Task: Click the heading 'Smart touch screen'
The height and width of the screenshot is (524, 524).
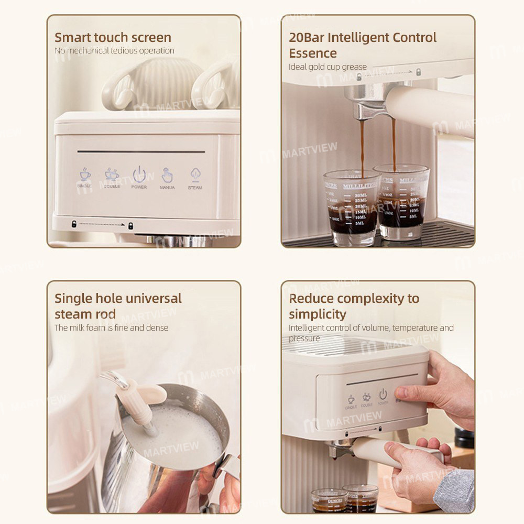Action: click(113, 38)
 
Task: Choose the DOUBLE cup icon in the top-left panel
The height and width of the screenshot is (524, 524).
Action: click(112, 175)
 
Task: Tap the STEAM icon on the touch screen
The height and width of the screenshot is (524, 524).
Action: click(195, 175)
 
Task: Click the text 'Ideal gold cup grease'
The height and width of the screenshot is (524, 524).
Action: click(327, 67)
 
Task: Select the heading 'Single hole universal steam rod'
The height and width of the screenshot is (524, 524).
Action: click(118, 306)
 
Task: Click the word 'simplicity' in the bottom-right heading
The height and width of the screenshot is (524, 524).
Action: click(318, 314)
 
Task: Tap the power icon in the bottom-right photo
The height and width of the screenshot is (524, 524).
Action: click(383, 394)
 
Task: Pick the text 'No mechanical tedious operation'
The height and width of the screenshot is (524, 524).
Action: click(114, 51)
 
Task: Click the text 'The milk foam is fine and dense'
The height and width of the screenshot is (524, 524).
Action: click(111, 327)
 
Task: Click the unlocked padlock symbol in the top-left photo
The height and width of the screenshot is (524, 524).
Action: click(74, 224)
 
